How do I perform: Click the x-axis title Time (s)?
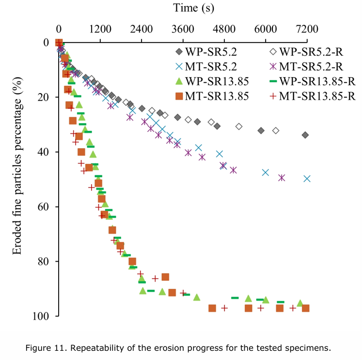pos(193,8)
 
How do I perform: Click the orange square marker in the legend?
pos(179,96)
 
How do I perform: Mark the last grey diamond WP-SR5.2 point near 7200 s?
pos(305,135)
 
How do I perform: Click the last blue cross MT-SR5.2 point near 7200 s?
pos(307,178)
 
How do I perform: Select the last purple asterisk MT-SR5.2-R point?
pos(282,177)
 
